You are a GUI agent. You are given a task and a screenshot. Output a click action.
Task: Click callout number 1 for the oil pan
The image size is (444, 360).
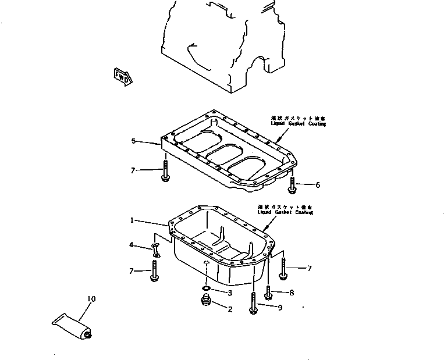click(x=132, y=220)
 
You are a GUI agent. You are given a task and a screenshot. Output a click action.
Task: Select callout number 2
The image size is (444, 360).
click(x=230, y=309)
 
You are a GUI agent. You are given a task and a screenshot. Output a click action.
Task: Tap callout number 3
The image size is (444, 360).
click(x=230, y=292)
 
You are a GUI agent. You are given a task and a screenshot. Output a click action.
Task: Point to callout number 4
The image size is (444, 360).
click(x=132, y=245)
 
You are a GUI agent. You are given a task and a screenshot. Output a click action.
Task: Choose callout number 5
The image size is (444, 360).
click(x=133, y=141)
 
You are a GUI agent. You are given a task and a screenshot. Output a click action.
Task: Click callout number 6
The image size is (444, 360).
click(x=317, y=186)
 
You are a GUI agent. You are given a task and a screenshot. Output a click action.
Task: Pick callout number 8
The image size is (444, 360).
click(x=292, y=293)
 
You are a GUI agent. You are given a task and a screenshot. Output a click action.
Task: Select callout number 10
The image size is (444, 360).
click(x=91, y=300)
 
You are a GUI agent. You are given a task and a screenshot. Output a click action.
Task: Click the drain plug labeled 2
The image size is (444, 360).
click(x=204, y=302)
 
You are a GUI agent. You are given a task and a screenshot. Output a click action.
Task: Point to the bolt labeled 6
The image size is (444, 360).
click(x=292, y=184)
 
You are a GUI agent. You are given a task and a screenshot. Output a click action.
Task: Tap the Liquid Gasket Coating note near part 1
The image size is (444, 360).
click(x=285, y=209)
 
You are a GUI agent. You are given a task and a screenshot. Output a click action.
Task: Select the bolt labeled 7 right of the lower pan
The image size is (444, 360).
click(x=283, y=269)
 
